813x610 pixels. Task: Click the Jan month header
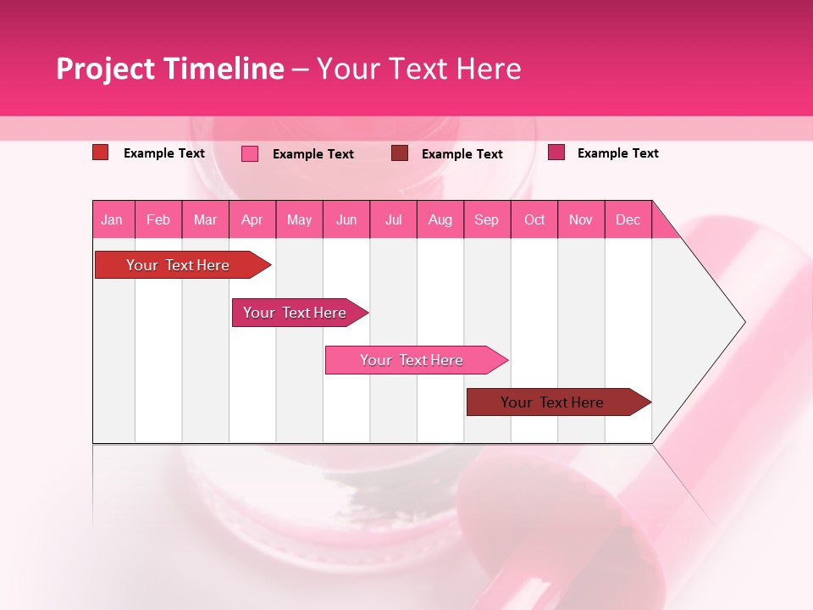click(x=113, y=219)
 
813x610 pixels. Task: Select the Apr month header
click(x=252, y=219)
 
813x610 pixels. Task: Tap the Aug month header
click(x=440, y=219)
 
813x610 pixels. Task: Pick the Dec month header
click(x=628, y=219)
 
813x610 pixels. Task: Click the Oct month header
click(x=534, y=219)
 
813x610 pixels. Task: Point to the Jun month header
click(x=346, y=219)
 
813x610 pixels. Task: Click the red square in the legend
click(x=100, y=152)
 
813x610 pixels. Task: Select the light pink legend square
click(x=250, y=153)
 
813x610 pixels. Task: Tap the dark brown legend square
click(x=400, y=153)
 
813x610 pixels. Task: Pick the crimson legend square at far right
click(x=556, y=152)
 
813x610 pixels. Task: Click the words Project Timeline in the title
click(x=169, y=69)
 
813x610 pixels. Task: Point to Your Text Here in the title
click(x=418, y=69)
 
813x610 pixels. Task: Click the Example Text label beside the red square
click(x=164, y=153)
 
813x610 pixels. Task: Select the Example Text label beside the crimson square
click(x=618, y=153)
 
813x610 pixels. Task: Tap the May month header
click(x=299, y=219)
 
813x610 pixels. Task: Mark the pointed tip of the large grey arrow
click(x=744, y=322)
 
